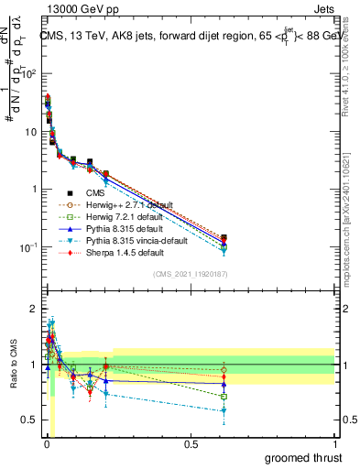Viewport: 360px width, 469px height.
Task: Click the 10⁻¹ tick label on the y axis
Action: click(x=27, y=247)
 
